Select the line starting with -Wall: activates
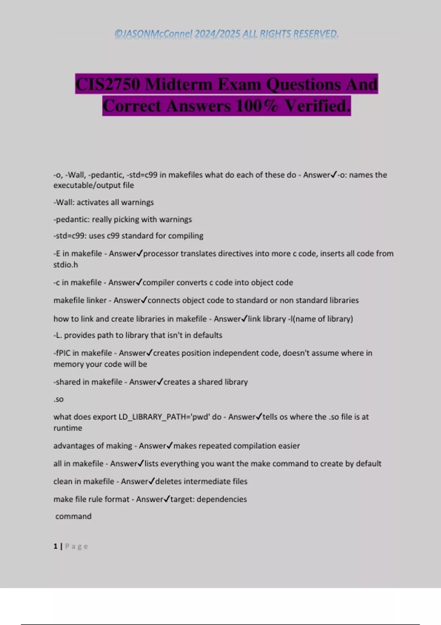[x=104, y=202]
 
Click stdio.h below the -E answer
[x=66, y=265]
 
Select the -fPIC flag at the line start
[x=62, y=353]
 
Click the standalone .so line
[x=58, y=399]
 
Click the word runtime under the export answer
[x=68, y=428]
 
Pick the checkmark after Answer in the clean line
[x=151, y=481]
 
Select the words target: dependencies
[x=208, y=499]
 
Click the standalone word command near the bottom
[x=73, y=516]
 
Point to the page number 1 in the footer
[x=55, y=546]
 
